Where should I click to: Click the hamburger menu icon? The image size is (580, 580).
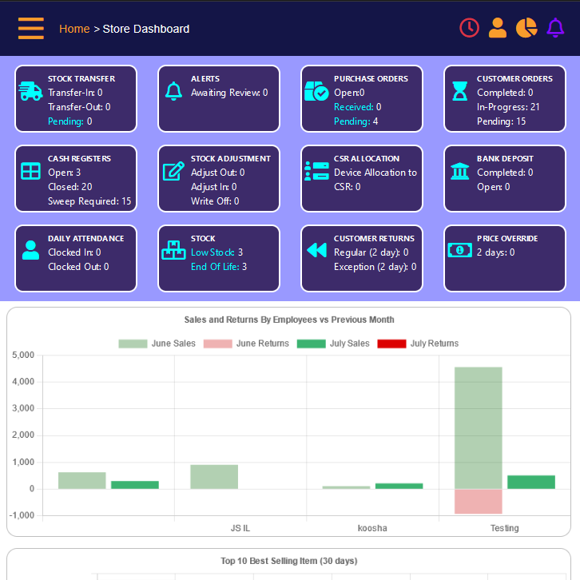(31, 28)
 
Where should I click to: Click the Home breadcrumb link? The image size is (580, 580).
(74, 29)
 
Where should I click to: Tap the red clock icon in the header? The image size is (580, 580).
(469, 28)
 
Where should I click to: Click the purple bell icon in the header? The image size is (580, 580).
(555, 28)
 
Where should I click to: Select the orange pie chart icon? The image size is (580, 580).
(526, 28)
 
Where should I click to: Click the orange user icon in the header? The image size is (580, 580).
(498, 28)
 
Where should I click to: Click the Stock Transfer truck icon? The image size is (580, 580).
(30, 91)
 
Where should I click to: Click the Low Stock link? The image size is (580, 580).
(213, 252)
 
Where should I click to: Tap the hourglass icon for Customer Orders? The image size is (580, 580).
(460, 91)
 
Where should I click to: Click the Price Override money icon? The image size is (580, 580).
(460, 250)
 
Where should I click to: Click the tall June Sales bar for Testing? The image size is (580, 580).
(478, 427)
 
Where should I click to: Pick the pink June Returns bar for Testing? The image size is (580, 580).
(478, 501)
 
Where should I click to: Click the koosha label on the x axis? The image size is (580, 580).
(372, 528)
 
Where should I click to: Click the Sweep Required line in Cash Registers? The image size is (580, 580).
(89, 201)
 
